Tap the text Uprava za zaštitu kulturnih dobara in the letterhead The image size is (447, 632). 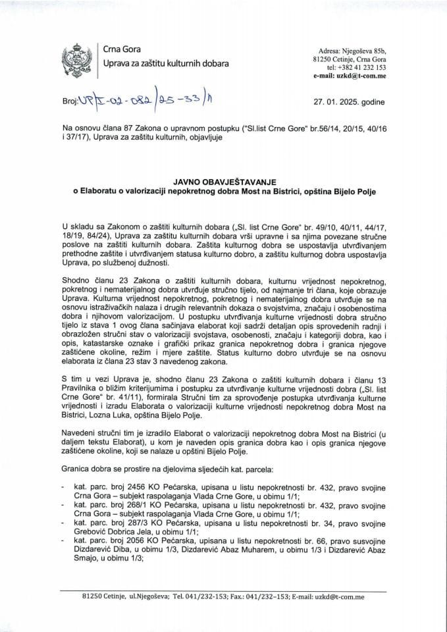(167, 64)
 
